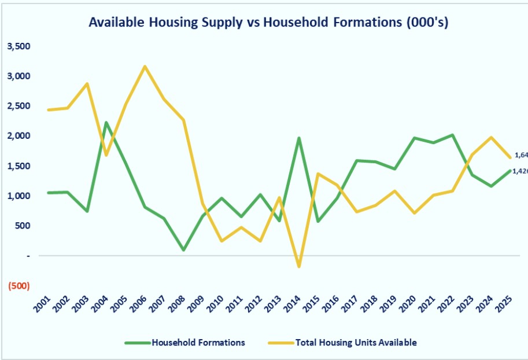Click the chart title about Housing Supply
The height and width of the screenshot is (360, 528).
pyautogui.click(x=268, y=23)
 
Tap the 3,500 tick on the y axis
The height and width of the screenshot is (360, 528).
pyautogui.click(x=18, y=46)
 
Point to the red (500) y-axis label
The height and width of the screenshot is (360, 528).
pyautogui.click(x=19, y=286)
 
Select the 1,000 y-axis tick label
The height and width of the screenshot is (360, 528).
pyautogui.click(x=18, y=196)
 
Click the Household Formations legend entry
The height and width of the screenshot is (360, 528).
pyautogui.click(x=185, y=343)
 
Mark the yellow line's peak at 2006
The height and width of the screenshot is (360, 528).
pyautogui.click(x=145, y=66)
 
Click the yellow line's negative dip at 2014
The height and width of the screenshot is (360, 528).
pyautogui.click(x=298, y=267)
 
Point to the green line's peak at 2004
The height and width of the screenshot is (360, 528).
pyautogui.click(x=106, y=122)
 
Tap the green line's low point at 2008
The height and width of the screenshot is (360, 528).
pyautogui.click(x=183, y=250)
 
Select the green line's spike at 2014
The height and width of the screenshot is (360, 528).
pyautogui.click(x=298, y=138)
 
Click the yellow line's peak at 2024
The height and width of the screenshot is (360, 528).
pyautogui.click(x=491, y=137)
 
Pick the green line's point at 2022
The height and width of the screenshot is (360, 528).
pyautogui.click(x=452, y=135)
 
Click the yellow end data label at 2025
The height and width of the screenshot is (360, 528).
pyautogui.click(x=520, y=155)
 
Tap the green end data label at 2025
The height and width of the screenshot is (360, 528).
pyautogui.click(x=520, y=171)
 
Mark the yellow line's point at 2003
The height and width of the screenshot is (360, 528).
pyautogui.click(x=87, y=83)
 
